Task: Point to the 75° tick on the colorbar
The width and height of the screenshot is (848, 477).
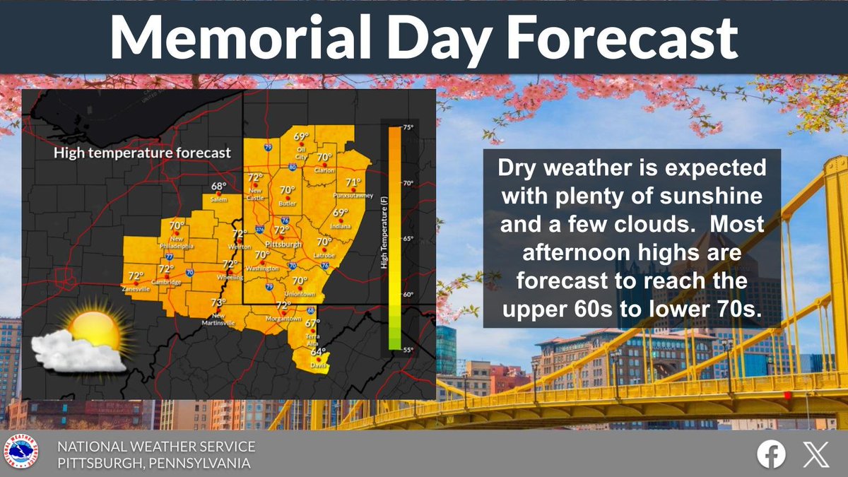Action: tap(408, 127)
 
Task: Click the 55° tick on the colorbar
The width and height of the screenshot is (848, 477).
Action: tap(408, 350)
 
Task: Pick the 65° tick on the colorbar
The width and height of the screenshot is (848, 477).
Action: tap(408, 239)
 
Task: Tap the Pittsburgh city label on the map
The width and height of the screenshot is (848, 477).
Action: tap(278, 243)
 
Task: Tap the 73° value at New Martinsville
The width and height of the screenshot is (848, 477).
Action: tap(218, 303)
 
